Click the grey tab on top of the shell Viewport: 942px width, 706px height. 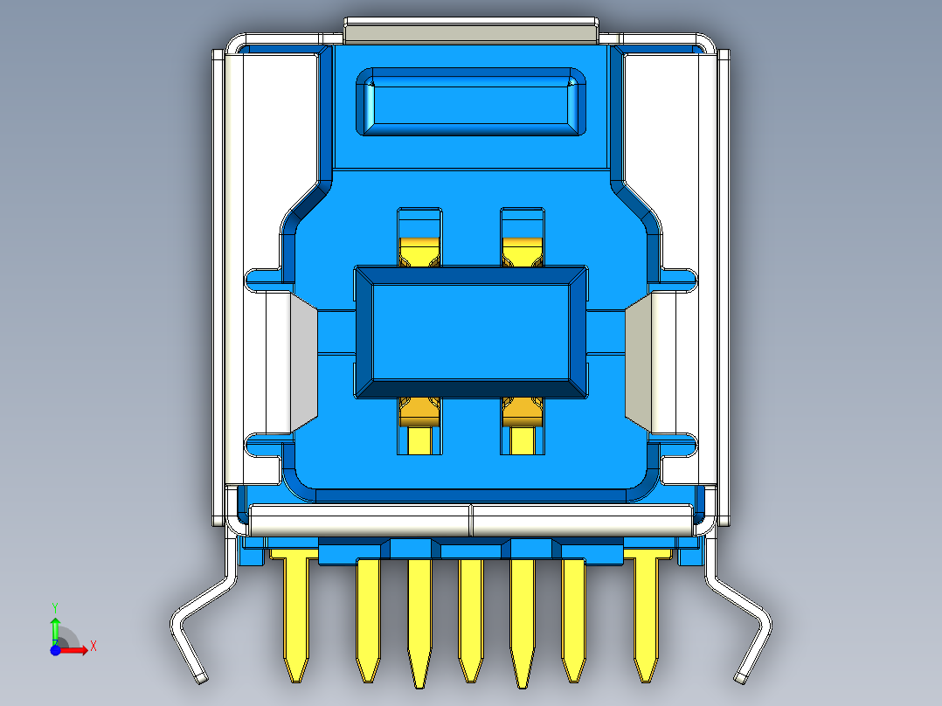471,31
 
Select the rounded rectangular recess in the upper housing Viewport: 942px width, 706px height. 471,102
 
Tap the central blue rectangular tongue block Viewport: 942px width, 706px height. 471,333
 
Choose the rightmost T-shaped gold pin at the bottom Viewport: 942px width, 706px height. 646,612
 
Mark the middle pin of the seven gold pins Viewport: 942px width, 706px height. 471,616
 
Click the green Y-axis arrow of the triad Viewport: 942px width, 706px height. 55,624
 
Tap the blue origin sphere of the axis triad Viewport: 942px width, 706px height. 55,650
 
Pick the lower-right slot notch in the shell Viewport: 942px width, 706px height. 681,446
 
